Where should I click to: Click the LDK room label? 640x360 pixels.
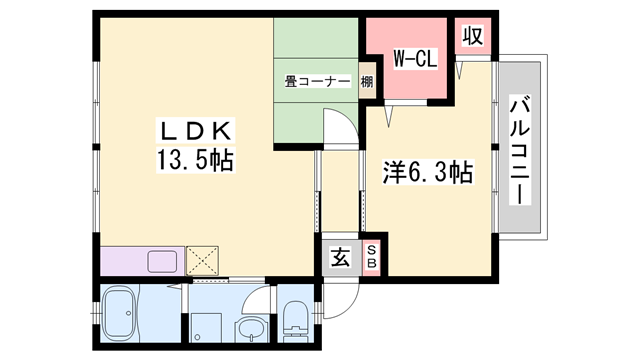pos(194,131)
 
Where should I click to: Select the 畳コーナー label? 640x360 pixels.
pos(316,82)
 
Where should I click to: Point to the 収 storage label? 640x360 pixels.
pos(472,37)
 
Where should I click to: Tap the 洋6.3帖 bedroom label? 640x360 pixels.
pos(427,172)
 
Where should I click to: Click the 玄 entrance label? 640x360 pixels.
pos(340,259)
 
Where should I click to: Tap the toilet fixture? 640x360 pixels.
pos(296,320)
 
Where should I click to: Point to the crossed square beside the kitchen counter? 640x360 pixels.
pos(204,261)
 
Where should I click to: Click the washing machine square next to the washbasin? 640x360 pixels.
pos(207,325)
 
